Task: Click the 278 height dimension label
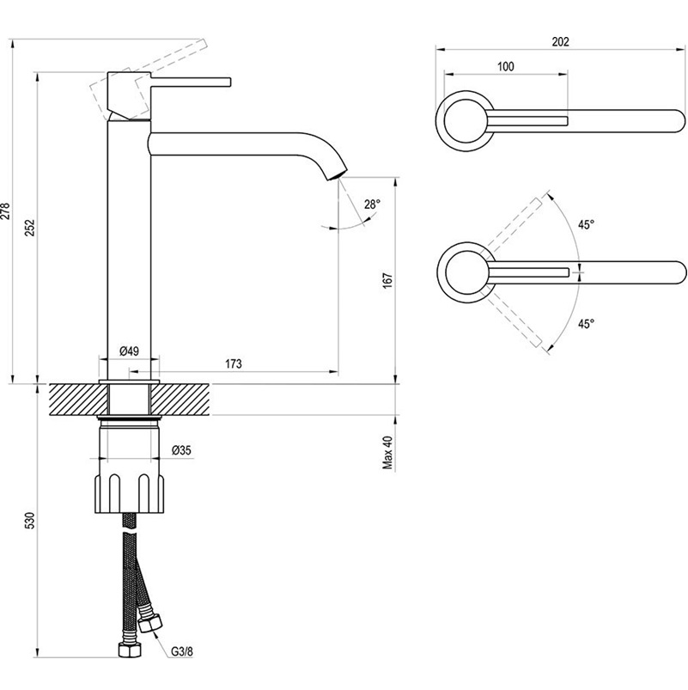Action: [5, 211]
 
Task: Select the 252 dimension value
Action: [29, 228]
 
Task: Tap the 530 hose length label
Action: [29, 521]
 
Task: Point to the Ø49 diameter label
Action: [129, 351]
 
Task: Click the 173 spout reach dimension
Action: [234, 364]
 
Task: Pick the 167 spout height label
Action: [387, 280]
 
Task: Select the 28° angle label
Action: [372, 204]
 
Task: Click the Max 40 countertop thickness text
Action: [387, 453]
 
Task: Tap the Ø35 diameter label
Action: [181, 450]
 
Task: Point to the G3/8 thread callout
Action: [182, 651]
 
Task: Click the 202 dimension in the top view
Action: [560, 41]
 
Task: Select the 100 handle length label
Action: [505, 66]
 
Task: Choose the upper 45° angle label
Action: [586, 224]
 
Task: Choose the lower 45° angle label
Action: [586, 324]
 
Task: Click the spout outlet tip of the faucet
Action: [337, 174]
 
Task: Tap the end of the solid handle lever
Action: [229, 82]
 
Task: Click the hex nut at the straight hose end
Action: [130, 650]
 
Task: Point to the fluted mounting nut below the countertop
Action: [130, 494]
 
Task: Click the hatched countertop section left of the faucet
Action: [78, 399]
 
